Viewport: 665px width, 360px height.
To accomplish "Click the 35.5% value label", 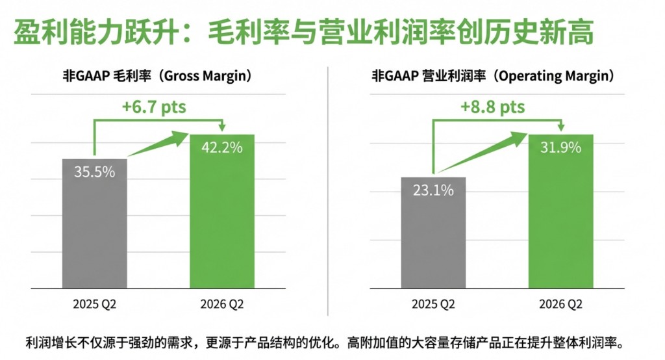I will (95, 172).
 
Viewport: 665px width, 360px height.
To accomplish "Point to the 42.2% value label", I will (222, 148).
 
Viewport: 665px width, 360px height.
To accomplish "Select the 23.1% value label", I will (433, 190).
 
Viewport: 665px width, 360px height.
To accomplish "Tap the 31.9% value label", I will (560, 148).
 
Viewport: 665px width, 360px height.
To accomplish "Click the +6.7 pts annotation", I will (154, 107).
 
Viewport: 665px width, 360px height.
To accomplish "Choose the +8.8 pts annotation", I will (492, 107).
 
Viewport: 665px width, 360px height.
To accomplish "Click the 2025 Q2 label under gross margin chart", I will (95, 305).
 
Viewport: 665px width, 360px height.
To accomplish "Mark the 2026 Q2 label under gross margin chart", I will (222, 305).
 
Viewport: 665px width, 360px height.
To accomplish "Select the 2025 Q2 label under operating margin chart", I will (433, 305).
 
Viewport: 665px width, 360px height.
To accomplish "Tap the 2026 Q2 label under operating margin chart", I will (560, 305).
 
